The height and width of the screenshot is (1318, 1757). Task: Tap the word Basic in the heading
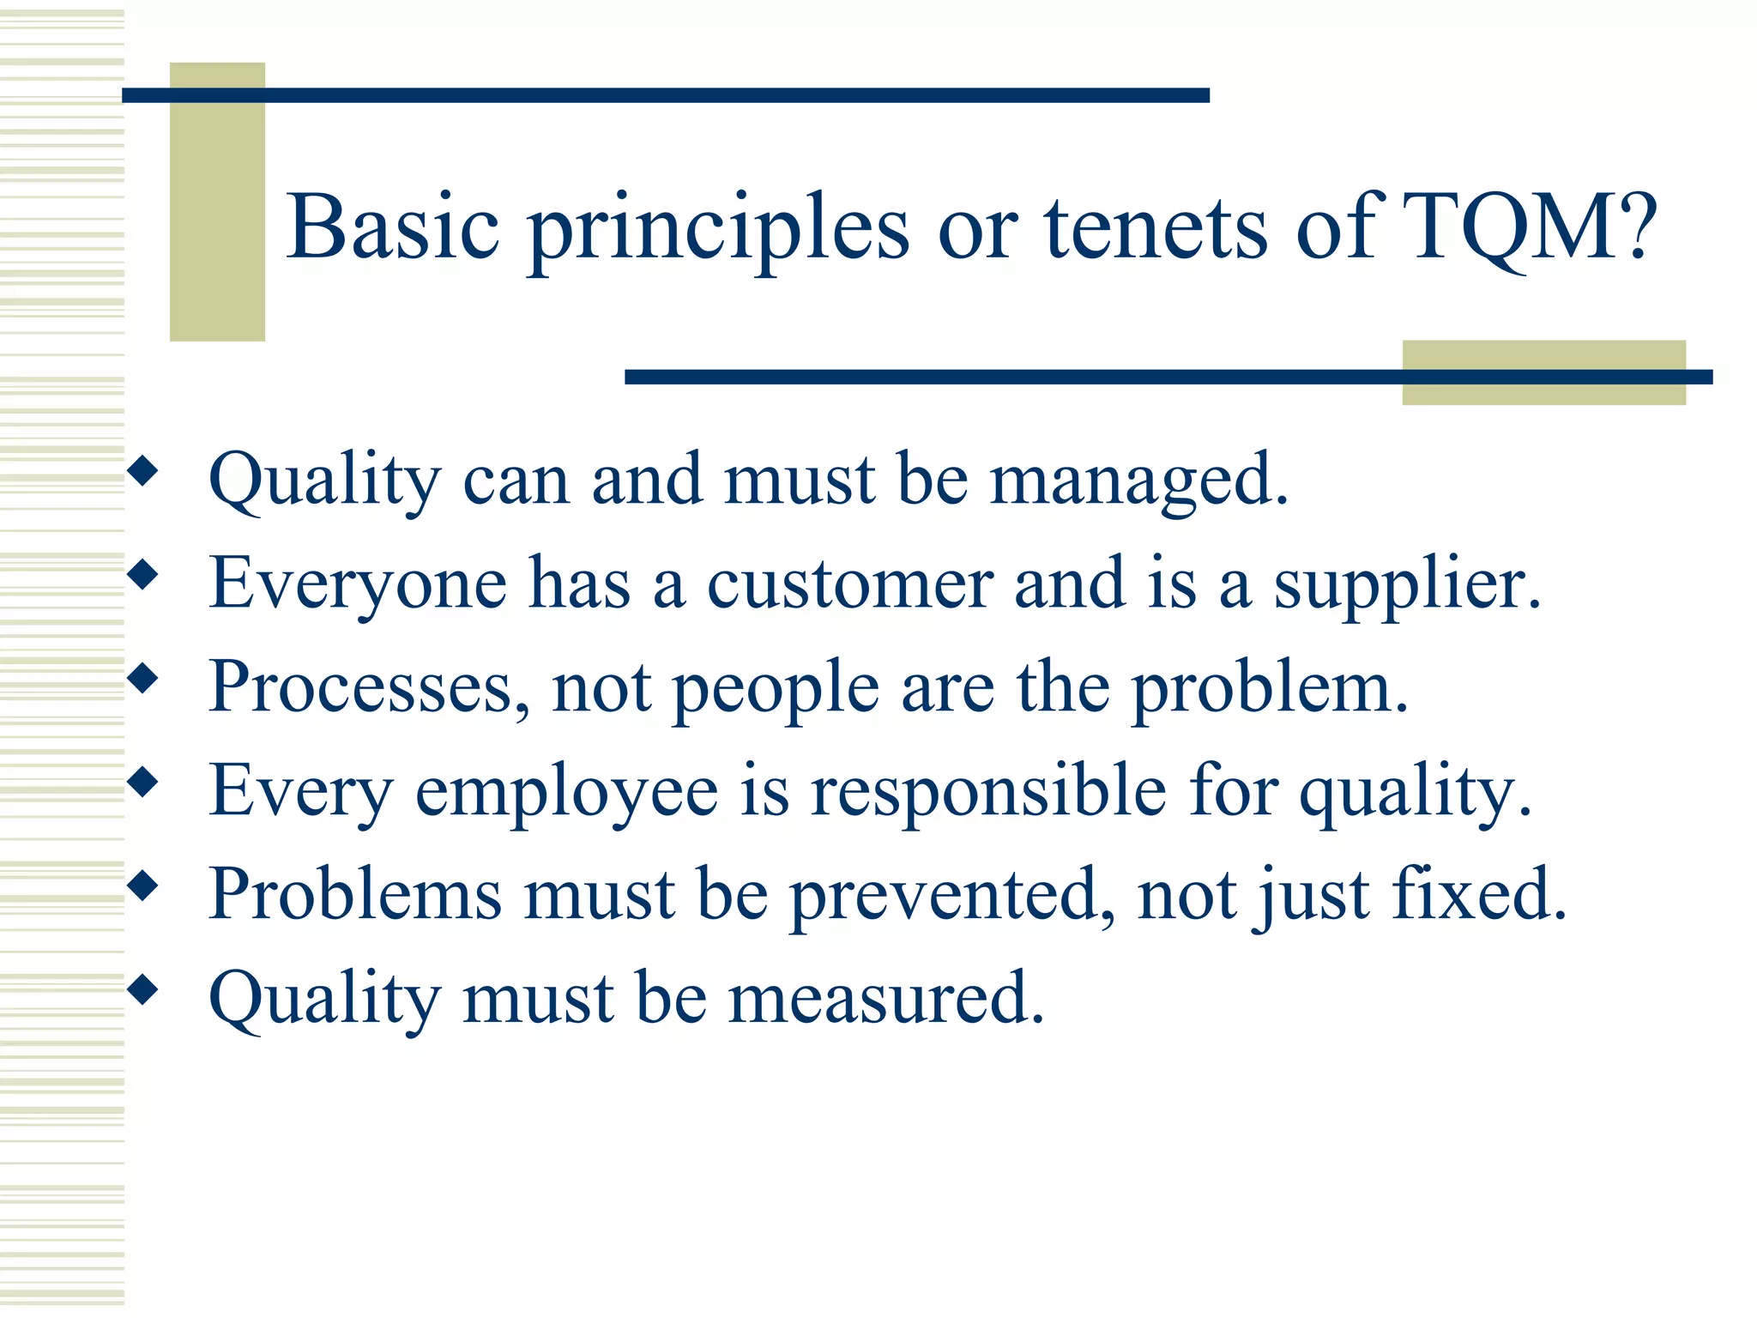393,227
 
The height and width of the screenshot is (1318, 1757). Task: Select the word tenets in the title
1155,227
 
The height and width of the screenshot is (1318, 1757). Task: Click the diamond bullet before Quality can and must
143,471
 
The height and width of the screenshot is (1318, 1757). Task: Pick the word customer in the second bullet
849,584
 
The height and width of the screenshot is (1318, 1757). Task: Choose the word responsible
988,791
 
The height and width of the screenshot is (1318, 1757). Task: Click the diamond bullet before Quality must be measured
143,990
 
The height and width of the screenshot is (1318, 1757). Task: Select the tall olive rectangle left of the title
217,202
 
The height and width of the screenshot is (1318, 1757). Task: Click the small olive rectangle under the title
1543,372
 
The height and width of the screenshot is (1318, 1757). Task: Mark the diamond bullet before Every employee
143,782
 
